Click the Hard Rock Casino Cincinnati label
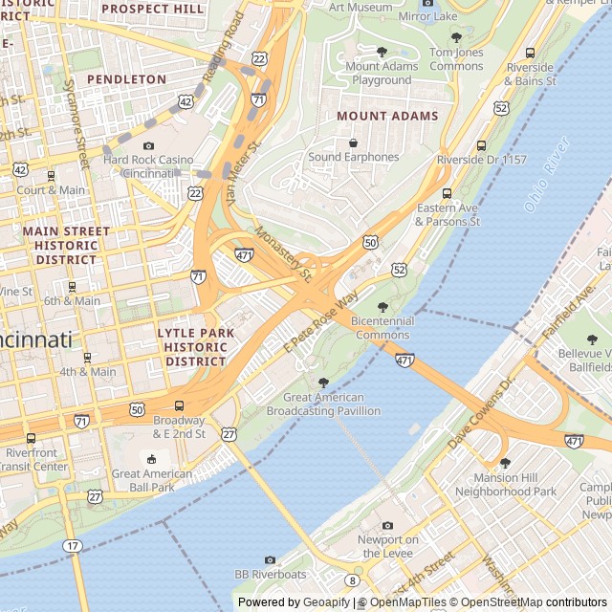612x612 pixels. click(x=148, y=166)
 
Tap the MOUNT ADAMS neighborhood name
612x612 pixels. click(x=387, y=116)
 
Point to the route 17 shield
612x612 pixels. click(x=73, y=545)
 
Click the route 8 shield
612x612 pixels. click(x=352, y=579)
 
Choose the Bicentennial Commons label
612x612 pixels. click(x=382, y=328)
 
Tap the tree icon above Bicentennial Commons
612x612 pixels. click(x=382, y=307)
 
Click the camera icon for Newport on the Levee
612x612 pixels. click(x=387, y=525)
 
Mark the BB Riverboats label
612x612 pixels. click(x=271, y=575)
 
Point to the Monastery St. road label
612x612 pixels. click(x=284, y=253)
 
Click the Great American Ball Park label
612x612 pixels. click(x=143, y=480)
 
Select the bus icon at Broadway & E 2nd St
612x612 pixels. click(x=180, y=406)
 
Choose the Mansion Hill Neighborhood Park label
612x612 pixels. click(x=505, y=485)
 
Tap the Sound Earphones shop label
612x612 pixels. click(x=354, y=157)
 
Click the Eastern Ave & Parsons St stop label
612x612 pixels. click(x=448, y=214)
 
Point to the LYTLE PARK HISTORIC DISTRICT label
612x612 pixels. click(x=195, y=347)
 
